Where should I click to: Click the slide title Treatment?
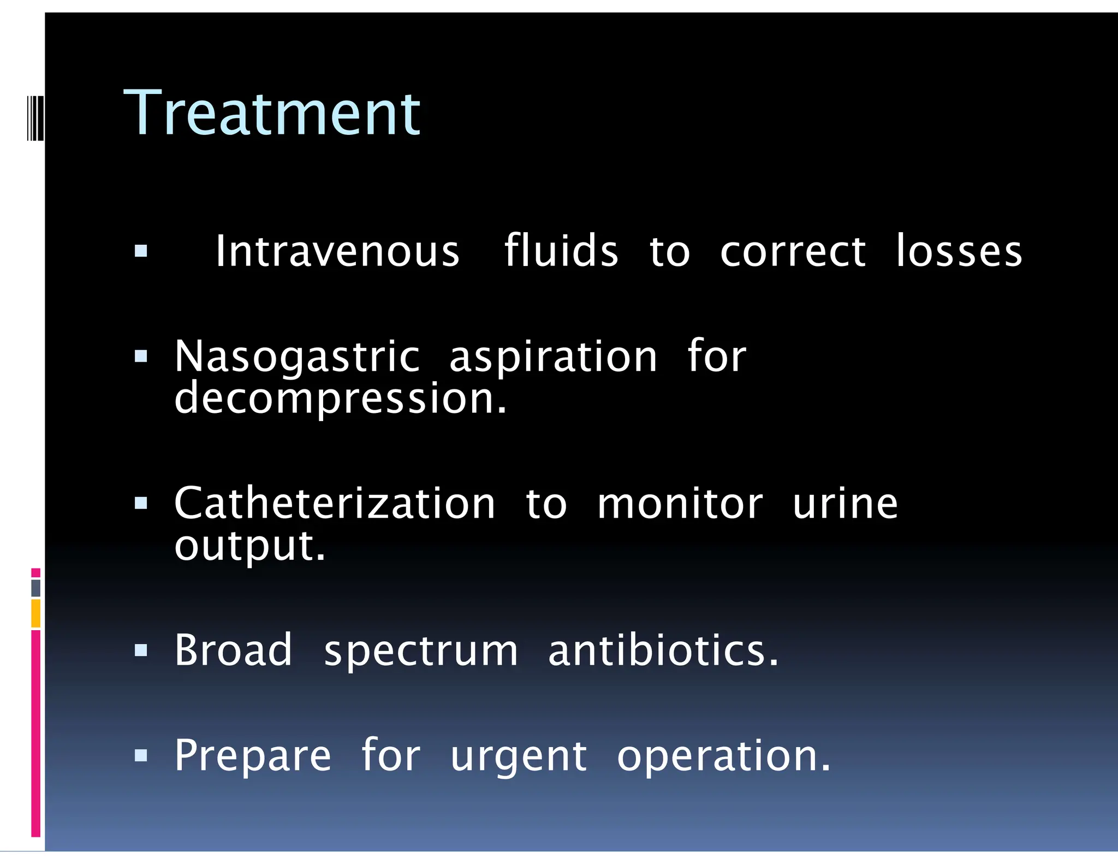click(272, 114)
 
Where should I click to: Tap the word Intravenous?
click(337, 251)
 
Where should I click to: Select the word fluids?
click(561, 251)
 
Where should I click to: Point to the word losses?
click(959, 251)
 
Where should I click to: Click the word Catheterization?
click(335, 503)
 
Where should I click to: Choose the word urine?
click(845, 503)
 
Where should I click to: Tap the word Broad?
click(233, 650)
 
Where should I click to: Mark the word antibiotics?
click(663, 650)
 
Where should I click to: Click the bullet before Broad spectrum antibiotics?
click(141, 650)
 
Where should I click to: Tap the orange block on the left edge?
click(35, 613)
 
